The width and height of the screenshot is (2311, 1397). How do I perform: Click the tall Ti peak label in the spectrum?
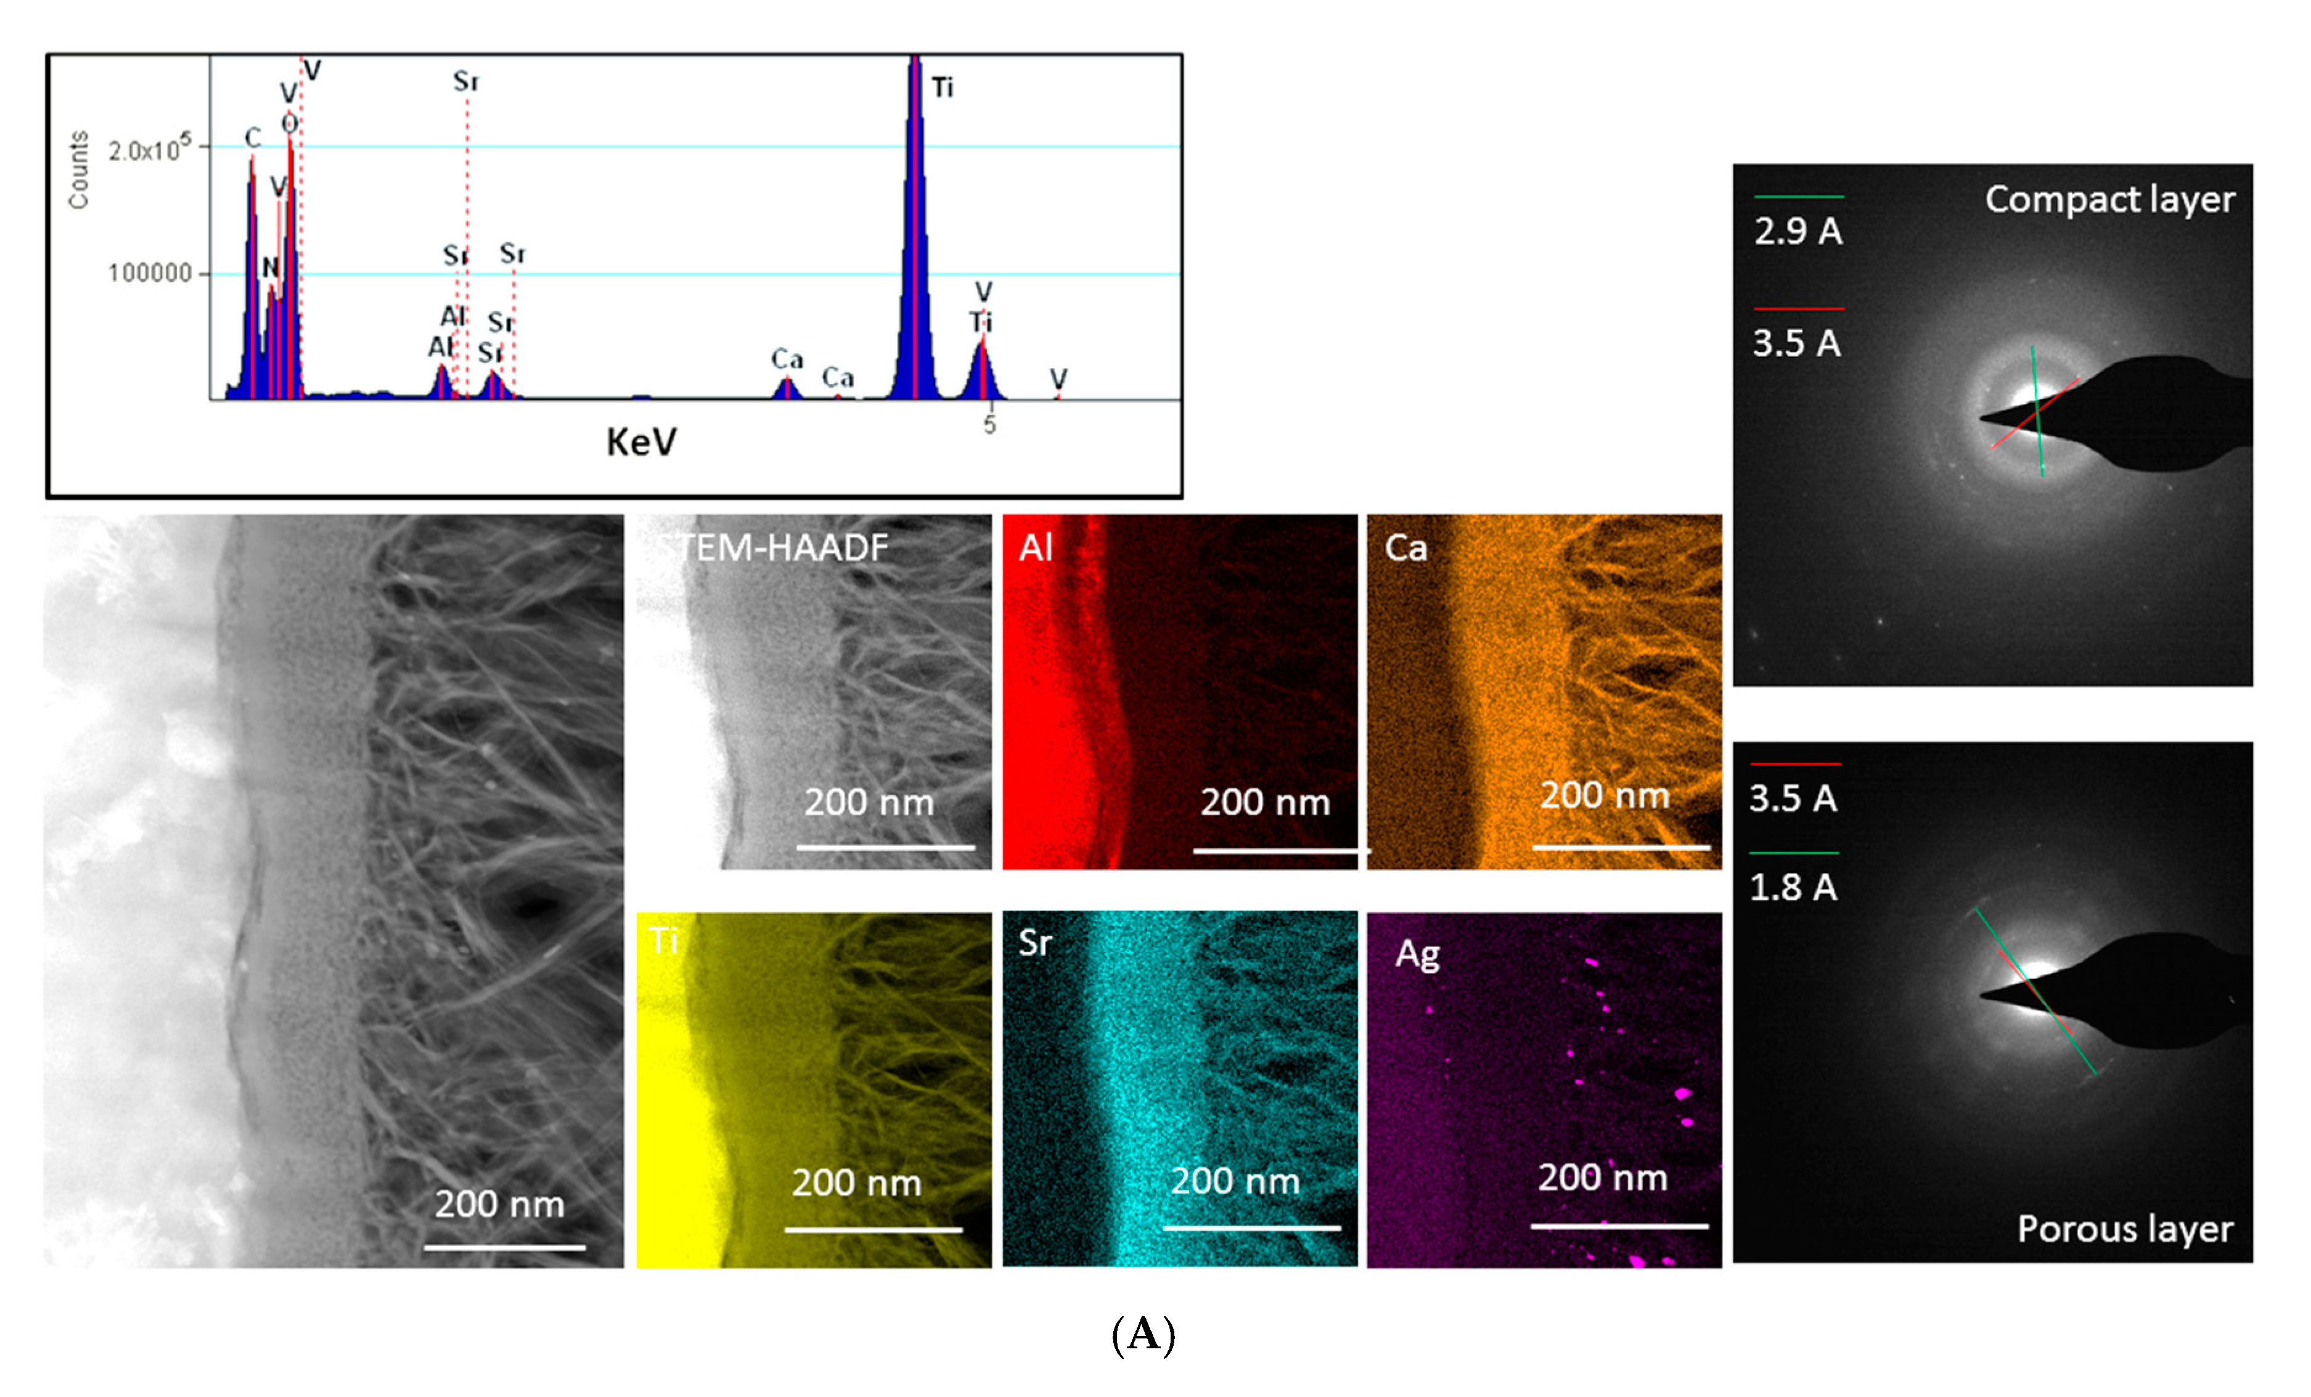pyautogui.click(x=942, y=88)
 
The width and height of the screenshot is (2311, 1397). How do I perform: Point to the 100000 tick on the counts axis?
pyautogui.click(x=150, y=274)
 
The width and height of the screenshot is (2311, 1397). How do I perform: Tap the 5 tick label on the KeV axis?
pyautogui.click(x=989, y=425)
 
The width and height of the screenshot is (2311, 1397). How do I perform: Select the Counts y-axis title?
pyautogui.click(x=79, y=170)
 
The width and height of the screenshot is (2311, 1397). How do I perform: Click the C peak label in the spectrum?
pyautogui.click(x=252, y=139)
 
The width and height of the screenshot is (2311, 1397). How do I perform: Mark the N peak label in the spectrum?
pyautogui.click(x=270, y=268)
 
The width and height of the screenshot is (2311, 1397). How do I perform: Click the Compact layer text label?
pyautogui.click(x=2109, y=200)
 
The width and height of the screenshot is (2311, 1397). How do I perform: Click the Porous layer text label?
pyautogui.click(x=2124, y=1229)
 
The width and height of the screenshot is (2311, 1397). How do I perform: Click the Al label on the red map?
pyautogui.click(x=1036, y=548)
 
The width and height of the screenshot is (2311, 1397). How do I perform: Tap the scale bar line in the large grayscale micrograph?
pyautogui.click(x=505, y=1248)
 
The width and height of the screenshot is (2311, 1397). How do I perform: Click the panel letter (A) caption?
pyautogui.click(x=1142, y=1334)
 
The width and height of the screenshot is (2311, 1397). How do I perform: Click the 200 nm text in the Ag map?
pyautogui.click(x=1602, y=1178)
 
